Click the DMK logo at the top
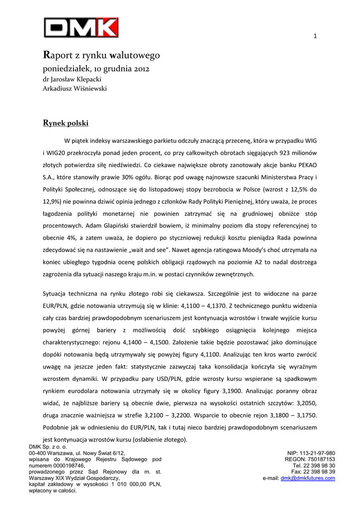(x=81, y=27)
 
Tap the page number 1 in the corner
(x=315, y=35)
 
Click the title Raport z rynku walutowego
(x=101, y=55)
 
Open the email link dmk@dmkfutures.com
(x=308, y=478)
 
